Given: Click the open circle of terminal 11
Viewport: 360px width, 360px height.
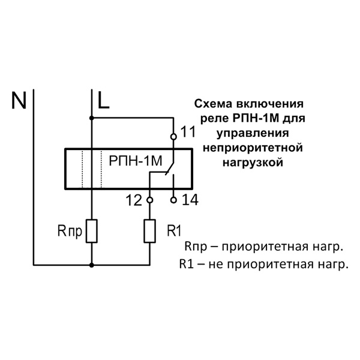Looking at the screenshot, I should [x=174, y=137].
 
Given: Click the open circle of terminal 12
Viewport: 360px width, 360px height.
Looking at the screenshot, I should [x=149, y=199].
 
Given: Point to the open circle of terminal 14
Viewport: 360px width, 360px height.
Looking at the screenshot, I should [x=174, y=199].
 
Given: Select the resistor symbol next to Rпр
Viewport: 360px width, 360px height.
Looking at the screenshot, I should [x=92, y=231].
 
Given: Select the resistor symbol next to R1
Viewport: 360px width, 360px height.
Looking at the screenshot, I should [x=149, y=231].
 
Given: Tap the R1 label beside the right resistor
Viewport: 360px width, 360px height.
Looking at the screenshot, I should [x=173, y=230].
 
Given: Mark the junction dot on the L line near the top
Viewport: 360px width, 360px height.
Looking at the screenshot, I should [x=92, y=118].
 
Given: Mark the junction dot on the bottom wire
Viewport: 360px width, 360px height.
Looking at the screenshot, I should [x=92, y=264].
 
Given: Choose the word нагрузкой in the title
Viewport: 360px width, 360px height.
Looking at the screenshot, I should [x=248, y=161].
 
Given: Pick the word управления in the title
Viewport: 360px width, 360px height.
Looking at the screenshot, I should [x=248, y=132].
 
